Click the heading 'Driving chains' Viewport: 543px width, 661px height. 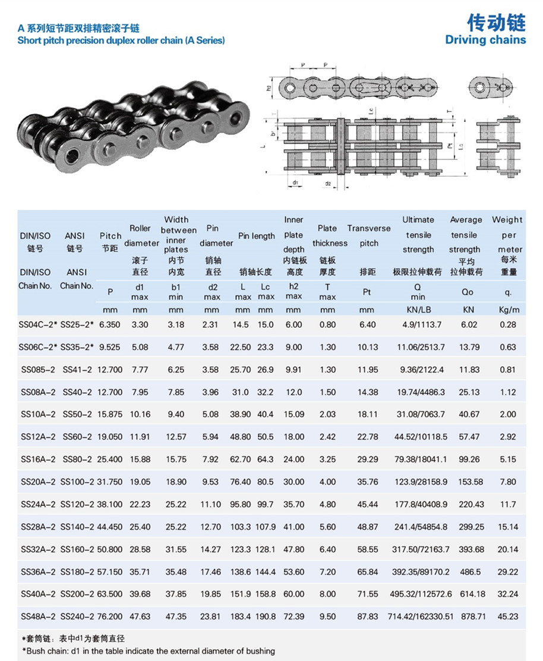point(485,40)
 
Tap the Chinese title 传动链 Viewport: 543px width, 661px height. point(496,23)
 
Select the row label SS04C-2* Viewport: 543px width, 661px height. point(38,325)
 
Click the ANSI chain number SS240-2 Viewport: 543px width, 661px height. point(77,616)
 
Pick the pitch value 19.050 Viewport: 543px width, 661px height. point(111,436)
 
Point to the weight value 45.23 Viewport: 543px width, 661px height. point(507,616)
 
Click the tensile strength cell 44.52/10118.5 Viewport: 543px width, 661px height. point(418,436)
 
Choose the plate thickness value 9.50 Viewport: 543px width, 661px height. point(327,616)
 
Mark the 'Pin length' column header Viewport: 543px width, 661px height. point(257,236)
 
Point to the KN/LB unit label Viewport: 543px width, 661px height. point(418,310)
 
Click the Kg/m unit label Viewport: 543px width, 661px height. point(507,310)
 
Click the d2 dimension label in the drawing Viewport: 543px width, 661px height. point(328,184)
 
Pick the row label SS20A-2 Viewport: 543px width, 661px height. point(38,481)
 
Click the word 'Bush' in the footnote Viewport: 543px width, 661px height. point(37,651)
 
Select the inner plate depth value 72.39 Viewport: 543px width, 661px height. point(293,616)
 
